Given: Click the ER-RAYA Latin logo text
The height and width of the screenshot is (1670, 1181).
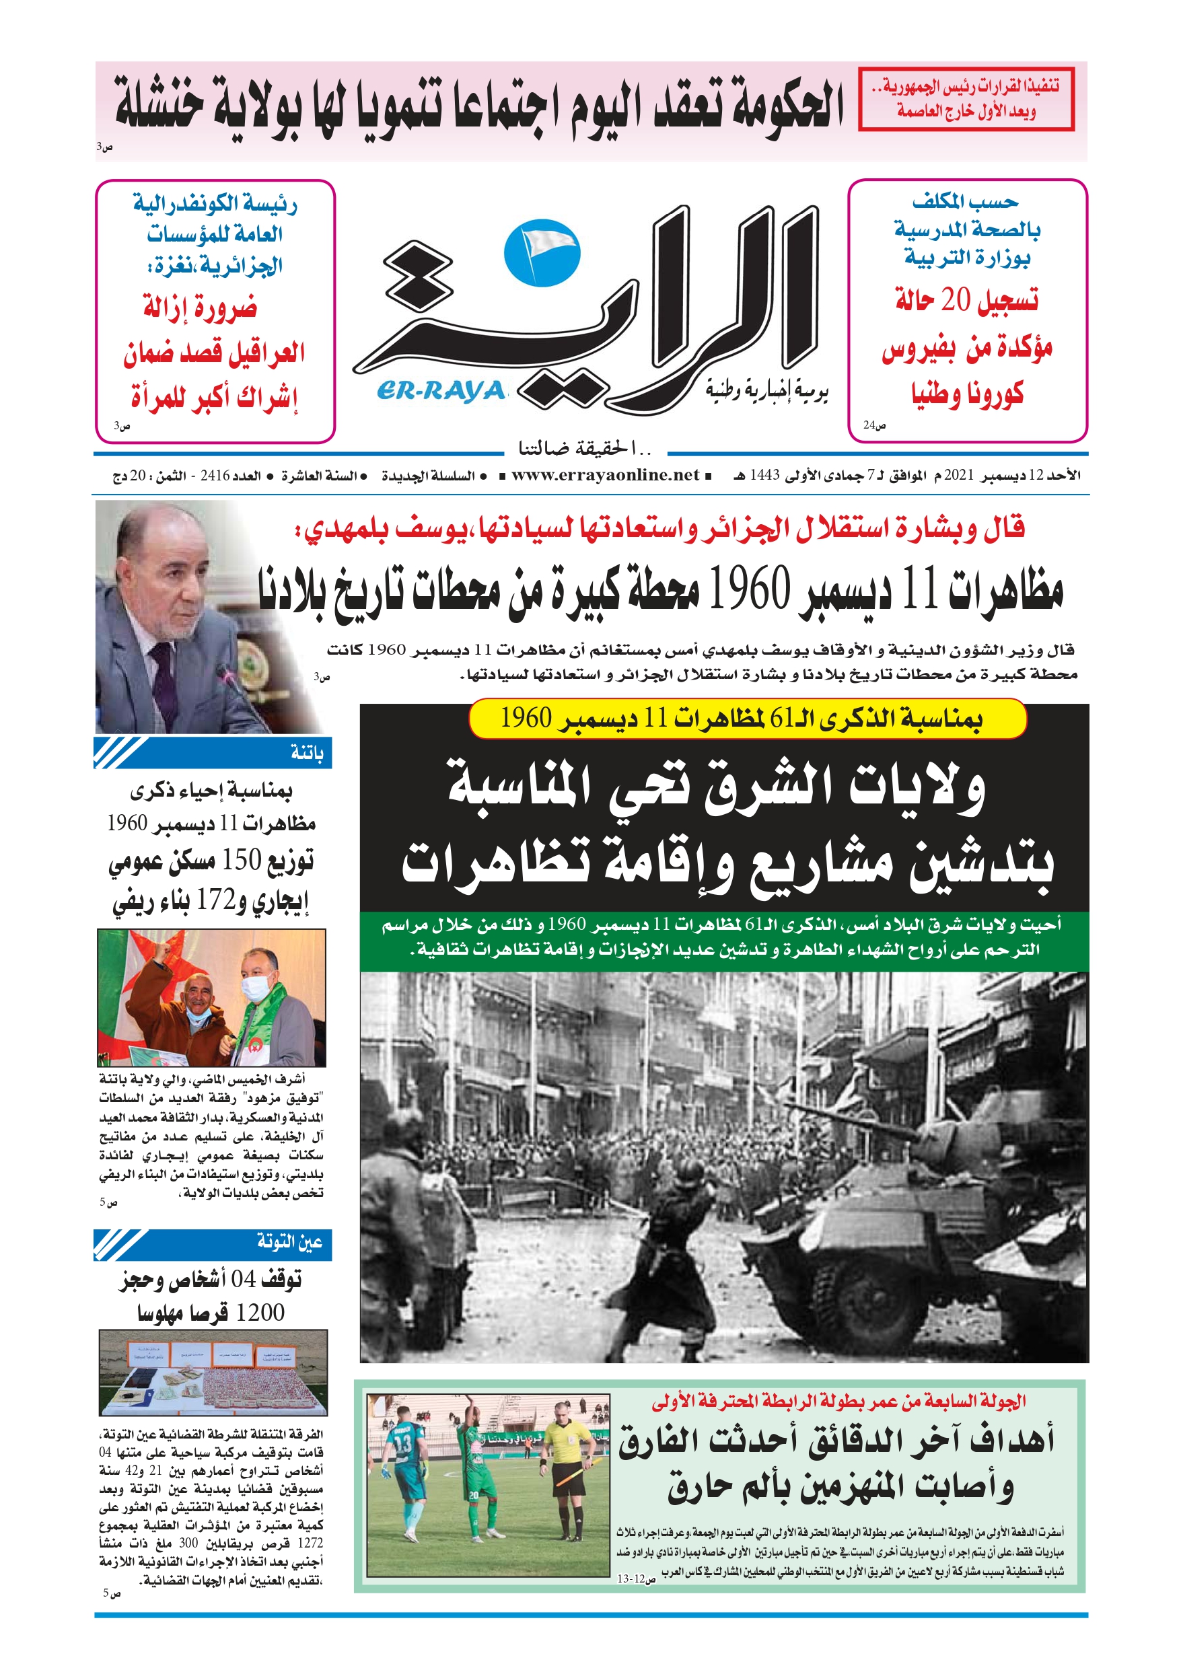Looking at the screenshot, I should coord(441,391).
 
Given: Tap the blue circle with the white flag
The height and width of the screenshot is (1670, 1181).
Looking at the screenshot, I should coord(542,252).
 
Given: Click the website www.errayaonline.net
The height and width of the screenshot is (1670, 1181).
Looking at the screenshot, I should coord(605,476).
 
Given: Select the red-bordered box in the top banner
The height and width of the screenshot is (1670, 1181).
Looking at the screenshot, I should coord(966,99).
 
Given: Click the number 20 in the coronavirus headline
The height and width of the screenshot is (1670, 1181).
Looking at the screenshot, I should coord(956,299).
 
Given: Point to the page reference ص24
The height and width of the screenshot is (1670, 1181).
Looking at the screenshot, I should coord(874,425).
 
